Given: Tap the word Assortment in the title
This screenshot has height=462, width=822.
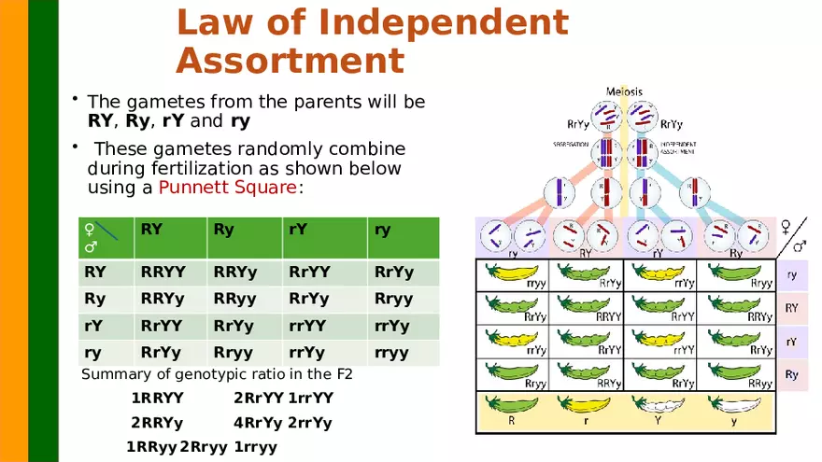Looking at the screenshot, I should click(x=290, y=61).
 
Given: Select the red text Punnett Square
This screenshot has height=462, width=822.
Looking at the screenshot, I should click(x=227, y=188).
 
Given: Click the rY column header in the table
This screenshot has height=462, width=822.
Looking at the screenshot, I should click(x=299, y=229).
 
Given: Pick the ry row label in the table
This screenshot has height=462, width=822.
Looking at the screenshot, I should click(x=94, y=353).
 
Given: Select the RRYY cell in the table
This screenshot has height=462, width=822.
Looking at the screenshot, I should click(x=163, y=273).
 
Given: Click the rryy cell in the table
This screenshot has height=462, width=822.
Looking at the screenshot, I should click(x=391, y=353).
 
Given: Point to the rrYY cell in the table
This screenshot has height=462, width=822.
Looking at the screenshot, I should click(x=307, y=326).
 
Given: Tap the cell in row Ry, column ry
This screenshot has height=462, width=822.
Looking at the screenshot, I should click(x=392, y=300).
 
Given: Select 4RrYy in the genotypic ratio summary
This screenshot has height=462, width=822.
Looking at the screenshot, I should click(x=258, y=423).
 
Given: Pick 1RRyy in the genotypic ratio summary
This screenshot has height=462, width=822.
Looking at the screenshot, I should click(x=151, y=447).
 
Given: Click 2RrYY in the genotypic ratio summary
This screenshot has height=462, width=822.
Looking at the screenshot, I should click(x=258, y=399).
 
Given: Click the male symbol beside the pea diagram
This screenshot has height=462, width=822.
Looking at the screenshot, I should click(x=800, y=246).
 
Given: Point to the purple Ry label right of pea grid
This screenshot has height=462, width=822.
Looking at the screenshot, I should click(x=791, y=375).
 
